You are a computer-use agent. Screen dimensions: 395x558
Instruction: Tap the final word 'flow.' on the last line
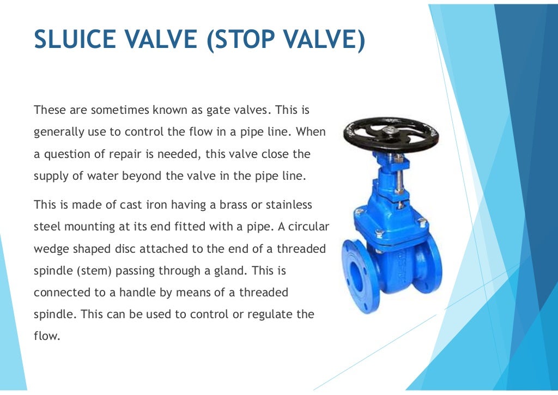pos(46,336)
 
